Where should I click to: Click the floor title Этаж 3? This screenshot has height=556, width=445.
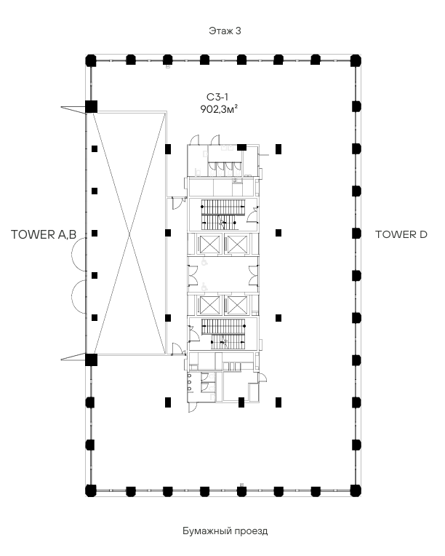coord(225,31)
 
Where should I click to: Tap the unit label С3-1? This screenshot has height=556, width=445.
coord(217,97)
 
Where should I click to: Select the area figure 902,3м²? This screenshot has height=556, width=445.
coord(219,109)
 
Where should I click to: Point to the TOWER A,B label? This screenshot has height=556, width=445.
coord(44,234)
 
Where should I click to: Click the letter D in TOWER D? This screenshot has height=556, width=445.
coord(423,234)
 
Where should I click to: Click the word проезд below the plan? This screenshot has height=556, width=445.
coord(249,531)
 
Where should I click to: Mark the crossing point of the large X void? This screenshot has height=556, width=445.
coord(129,234)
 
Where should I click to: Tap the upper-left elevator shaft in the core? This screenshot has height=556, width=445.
coord(209,245)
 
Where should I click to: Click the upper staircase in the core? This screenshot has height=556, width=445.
coord(222,214)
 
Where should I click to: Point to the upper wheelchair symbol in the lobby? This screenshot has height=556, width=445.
coord(204,262)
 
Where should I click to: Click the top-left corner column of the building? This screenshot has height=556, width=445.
coord(91,60)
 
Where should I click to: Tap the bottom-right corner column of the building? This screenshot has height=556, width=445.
coord(356,491)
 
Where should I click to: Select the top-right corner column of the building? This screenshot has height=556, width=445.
coord(356,60)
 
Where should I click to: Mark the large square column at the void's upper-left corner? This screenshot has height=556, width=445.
coord(91,107)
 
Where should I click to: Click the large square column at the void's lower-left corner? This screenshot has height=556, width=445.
coord(91,360)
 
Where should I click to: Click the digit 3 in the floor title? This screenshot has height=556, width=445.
coord(238,31)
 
